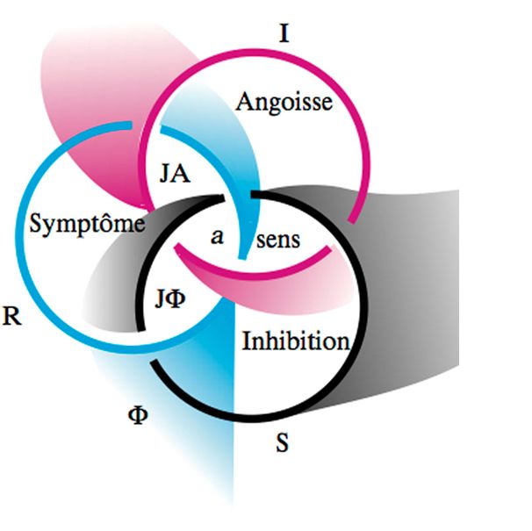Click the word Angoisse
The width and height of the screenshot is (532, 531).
[284, 103]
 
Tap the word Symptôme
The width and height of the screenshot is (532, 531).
[86, 224]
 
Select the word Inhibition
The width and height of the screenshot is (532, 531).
[296, 341]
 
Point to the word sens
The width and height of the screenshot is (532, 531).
[277, 240]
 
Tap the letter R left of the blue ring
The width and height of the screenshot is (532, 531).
[12, 318]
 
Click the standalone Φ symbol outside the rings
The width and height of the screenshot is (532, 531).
[137, 413]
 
